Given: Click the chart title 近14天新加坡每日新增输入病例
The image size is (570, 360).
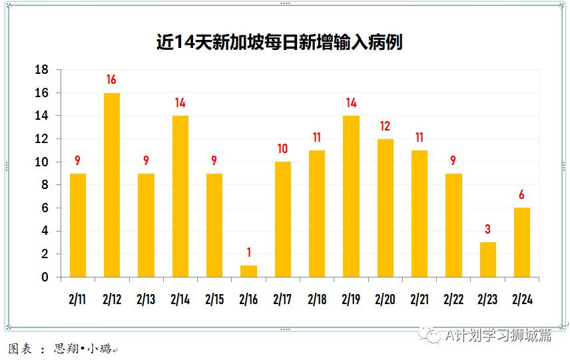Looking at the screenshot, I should click(x=279, y=43).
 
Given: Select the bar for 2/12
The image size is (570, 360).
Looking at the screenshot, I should click(x=112, y=185).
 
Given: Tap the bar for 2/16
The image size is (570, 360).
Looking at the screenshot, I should click(x=248, y=271).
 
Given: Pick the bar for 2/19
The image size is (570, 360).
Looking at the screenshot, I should click(x=351, y=196).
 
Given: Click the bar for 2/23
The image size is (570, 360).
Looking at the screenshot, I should click(x=488, y=260).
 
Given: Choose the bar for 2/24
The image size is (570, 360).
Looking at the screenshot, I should click(x=522, y=242).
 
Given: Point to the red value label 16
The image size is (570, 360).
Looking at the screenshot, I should click(x=111, y=80).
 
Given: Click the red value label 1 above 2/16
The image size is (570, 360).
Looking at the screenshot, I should click(x=248, y=253).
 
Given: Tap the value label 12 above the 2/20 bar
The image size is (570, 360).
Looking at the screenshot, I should click(x=385, y=126).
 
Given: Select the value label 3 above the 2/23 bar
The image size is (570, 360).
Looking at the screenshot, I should click(x=488, y=230).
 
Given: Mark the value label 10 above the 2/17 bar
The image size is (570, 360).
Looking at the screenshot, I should click(x=282, y=149).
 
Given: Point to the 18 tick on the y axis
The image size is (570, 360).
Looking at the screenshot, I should click(x=41, y=70).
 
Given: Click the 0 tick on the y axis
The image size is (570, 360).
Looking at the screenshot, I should click(x=45, y=277).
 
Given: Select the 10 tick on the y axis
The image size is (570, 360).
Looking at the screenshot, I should click(x=41, y=162).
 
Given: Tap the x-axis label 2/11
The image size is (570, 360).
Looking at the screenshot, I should click(x=77, y=300).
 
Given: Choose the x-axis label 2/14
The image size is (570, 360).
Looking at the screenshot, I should click(x=180, y=300).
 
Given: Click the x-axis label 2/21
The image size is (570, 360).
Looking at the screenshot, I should click(x=420, y=300).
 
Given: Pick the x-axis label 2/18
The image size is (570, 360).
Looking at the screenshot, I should click(x=317, y=300).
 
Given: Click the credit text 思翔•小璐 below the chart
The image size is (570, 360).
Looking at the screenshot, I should click(x=85, y=349).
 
